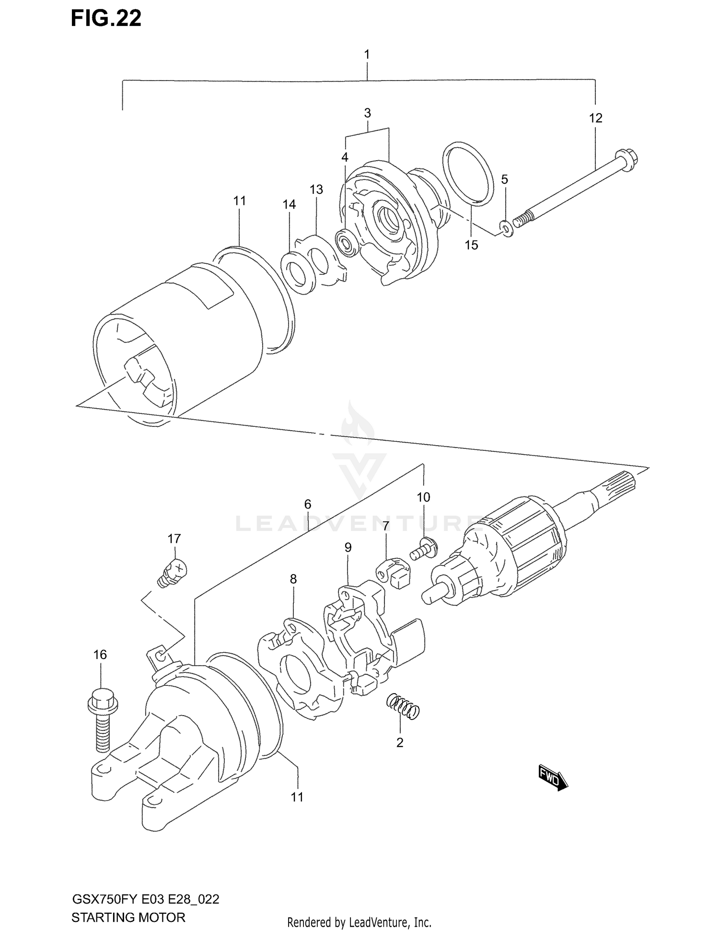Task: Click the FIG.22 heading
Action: click(106, 18)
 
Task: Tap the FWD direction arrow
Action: click(553, 777)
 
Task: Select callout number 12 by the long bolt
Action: click(595, 118)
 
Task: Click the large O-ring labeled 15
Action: click(468, 173)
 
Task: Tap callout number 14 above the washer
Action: click(289, 205)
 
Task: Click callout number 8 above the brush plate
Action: click(293, 579)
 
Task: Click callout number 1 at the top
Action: click(367, 55)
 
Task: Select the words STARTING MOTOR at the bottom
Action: click(128, 905)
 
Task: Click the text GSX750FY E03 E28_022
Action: click(145, 886)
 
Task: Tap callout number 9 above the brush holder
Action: click(348, 547)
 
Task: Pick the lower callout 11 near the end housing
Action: click(297, 797)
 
